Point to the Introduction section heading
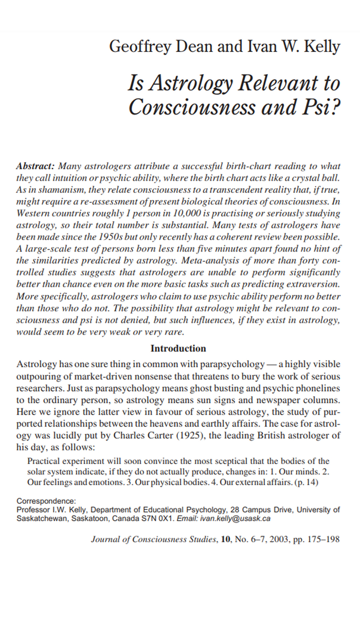(178, 349)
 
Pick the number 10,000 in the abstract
(187, 213)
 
